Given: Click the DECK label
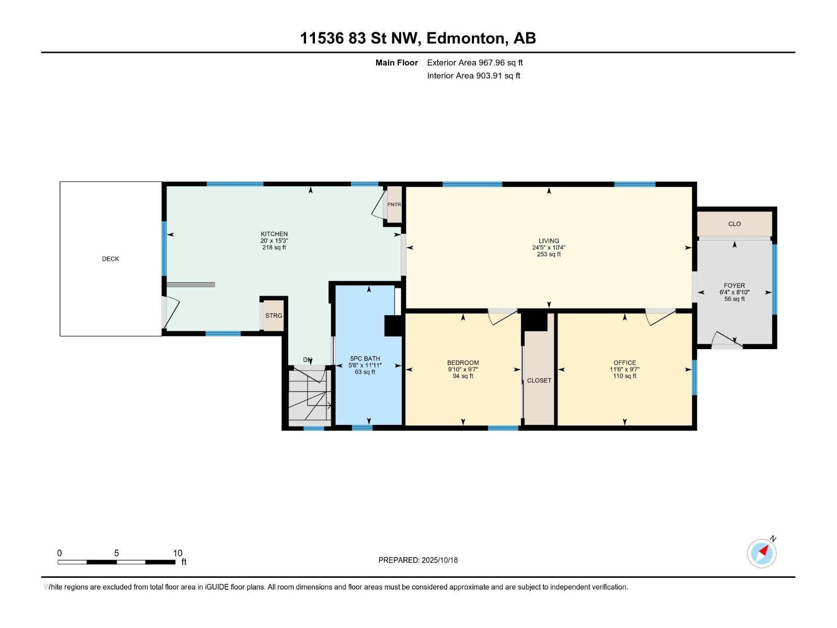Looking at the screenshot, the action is coord(110,259).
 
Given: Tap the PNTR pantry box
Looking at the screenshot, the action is coord(394,205).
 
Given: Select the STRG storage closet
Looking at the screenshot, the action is coord(274,316).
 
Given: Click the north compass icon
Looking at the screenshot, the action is coord(762,553).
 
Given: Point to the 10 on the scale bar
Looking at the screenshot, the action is coord(178,553).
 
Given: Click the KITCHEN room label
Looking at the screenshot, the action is coord(274,234).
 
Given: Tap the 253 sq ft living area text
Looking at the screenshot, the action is coord(549,254).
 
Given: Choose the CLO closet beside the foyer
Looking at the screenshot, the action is coord(734,224).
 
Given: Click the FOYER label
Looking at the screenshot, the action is coord(734,285).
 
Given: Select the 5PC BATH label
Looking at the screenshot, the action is coord(365,358).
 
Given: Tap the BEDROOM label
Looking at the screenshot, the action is coord(463,363).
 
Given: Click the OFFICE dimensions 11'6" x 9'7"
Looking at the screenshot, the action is coord(625,369).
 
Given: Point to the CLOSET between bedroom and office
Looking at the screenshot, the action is coord(539,380).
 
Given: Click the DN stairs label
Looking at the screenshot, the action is coord(308,360).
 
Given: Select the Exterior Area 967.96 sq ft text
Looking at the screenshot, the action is coord(475,62).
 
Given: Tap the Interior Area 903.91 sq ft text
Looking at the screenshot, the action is coord(473,75).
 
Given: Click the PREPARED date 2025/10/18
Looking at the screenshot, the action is coord(439,560).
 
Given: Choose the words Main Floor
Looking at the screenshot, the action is coord(397,62).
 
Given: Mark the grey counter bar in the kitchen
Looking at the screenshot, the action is coord(190,285).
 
